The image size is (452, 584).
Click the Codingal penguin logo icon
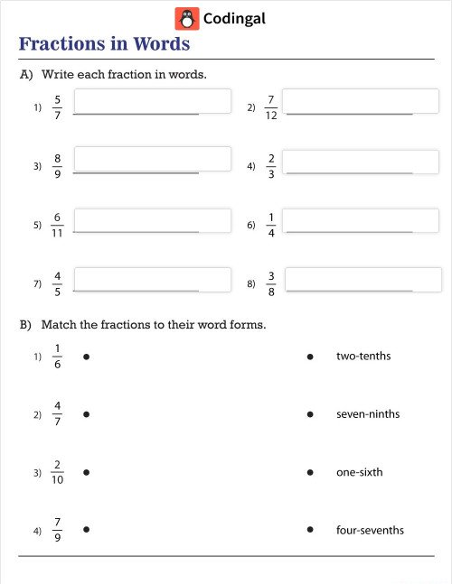(x=187, y=18)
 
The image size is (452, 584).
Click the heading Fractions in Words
(x=104, y=44)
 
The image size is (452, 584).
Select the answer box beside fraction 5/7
(x=152, y=101)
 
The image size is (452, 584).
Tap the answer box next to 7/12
(x=363, y=101)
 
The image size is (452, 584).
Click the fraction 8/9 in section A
(x=58, y=166)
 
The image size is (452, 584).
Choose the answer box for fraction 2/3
(x=363, y=160)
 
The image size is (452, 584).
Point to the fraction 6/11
(x=57, y=225)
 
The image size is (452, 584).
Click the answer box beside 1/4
(x=363, y=220)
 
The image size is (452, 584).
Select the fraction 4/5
(x=58, y=283)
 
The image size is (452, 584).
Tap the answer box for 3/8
(x=363, y=280)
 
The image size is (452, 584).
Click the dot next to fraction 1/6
(x=86, y=357)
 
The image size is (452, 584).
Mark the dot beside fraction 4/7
(x=86, y=415)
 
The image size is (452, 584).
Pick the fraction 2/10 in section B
(x=57, y=472)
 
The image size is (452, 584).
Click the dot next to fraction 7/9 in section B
(x=86, y=530)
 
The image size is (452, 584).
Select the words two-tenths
(x=363, y=357)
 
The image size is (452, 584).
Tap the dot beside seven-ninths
(x=310, y=415)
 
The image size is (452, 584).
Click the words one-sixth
(x=359, y=472)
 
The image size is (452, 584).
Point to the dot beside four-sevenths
(x=310, y=530)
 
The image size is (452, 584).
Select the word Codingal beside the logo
(x=234, y=18)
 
